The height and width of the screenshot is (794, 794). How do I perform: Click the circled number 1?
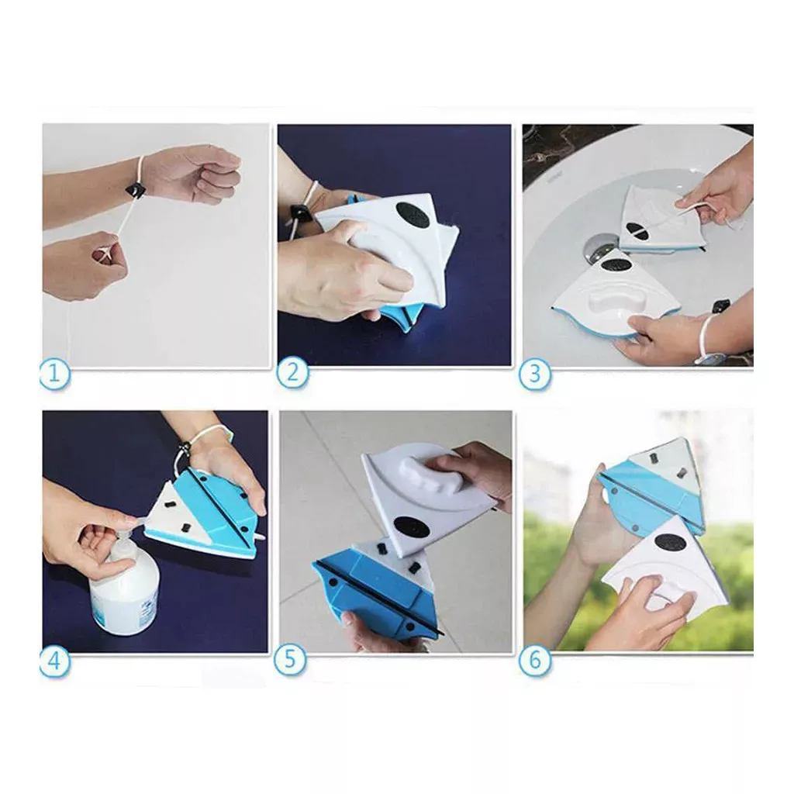[54, 375]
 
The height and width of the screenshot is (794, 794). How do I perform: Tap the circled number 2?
[292, 372]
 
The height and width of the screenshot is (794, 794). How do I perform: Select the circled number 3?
[535, 375]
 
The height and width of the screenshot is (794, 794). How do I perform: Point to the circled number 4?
[54, 661]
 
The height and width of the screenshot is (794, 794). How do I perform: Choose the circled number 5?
[289, 659]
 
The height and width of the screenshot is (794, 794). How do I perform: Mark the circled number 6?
[535, 661]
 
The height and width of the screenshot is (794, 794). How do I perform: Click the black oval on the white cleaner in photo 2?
[412, 215]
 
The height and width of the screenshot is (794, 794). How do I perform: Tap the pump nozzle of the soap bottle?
[133, 520]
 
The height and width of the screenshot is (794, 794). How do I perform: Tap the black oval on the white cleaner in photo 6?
[670, 544]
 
